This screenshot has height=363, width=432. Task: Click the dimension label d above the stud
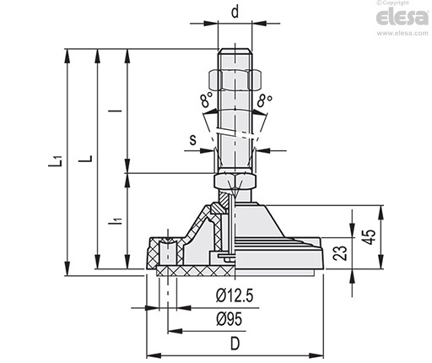[235, 12]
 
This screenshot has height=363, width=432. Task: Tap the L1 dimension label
[56, 160]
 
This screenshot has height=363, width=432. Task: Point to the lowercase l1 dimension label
[116, 218]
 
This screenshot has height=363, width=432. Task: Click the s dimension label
[193, 139]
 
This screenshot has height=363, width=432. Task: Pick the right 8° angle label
[265, 100]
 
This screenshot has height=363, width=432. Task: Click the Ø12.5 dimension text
[235, 295]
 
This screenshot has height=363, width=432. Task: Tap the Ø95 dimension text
[229, 319]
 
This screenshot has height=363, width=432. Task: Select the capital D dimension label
[235, 344]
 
